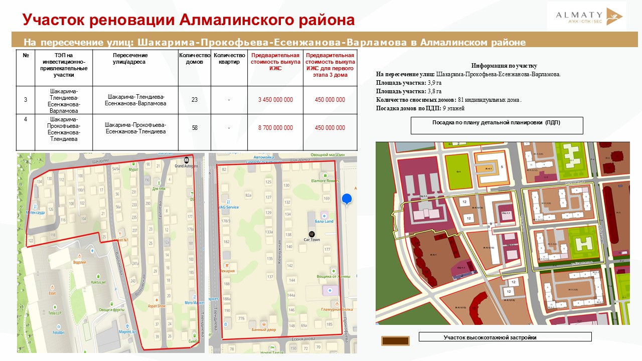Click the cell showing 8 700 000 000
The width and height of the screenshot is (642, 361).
pos(275,128)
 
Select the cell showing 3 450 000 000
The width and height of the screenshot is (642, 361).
pos(275,100)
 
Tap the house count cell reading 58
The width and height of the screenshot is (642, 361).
pos(195,128)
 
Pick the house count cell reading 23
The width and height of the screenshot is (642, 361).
pos(195,100)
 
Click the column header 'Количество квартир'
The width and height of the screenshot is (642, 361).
pos(229,59)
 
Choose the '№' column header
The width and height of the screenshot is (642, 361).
pos(26,56)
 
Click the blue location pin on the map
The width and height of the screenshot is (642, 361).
pos(347,200)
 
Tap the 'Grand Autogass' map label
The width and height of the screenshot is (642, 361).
pos(186,165)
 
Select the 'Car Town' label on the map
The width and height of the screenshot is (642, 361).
pos(312,240)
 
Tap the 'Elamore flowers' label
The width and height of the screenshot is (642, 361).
pos(325,181)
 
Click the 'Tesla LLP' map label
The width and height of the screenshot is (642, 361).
pos(55,313)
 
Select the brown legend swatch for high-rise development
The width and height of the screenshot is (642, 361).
pos(395,341)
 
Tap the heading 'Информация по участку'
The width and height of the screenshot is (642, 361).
pos(504,66)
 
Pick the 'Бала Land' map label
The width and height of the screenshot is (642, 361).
pos(324,221)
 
